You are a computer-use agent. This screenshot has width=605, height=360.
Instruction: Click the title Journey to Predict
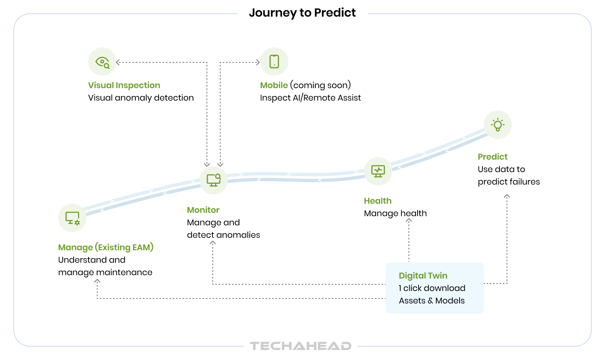302,13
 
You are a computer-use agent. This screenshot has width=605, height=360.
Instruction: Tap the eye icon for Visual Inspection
102,62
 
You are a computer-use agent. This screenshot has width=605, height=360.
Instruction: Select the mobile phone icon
274,62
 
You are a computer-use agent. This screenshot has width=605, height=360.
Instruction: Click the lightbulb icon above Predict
497,125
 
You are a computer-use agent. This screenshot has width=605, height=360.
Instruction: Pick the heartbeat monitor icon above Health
378,171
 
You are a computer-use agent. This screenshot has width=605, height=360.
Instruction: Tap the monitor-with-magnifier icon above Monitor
214,180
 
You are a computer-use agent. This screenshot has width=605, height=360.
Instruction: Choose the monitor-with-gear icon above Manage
72,218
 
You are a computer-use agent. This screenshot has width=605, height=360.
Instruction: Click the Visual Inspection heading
124,85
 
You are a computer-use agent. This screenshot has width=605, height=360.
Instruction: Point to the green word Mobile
274,85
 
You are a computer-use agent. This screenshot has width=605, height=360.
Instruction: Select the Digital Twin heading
423,276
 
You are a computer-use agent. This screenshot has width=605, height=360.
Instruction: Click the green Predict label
492,157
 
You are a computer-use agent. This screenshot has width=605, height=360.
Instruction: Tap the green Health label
378,201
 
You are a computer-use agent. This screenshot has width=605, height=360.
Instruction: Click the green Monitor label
203,210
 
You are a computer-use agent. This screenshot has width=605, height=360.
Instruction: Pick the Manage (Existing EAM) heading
106,247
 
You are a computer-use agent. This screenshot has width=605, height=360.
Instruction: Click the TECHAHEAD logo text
300,346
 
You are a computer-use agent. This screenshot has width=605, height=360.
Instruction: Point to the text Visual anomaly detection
141,98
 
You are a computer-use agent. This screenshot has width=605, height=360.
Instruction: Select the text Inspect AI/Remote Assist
310,98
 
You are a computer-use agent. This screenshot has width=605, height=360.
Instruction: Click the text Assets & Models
432,301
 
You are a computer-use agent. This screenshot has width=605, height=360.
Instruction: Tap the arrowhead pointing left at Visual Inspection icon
118,62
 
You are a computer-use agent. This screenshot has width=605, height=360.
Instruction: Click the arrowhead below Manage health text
409,221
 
